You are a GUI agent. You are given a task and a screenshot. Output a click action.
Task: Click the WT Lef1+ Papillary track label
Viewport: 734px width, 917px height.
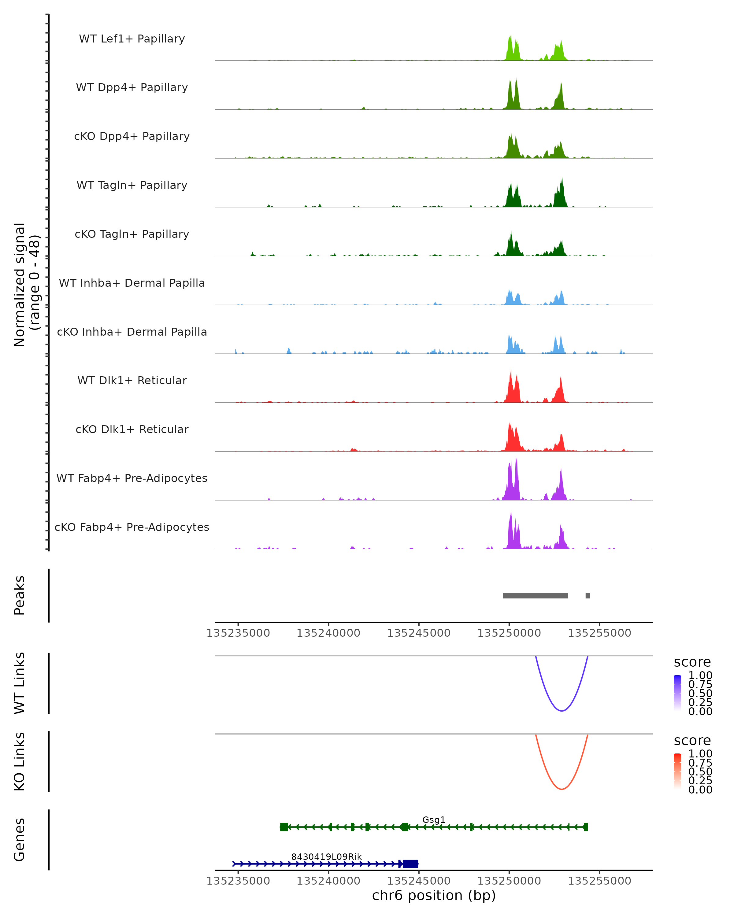pyautogui.click(x=132, y=39)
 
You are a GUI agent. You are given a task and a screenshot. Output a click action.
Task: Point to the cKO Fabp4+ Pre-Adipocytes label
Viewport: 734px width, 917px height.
pyautogui.click(x=132, y=527)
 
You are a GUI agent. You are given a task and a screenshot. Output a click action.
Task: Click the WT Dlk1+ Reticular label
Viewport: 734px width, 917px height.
pyautogui.click(x=132, y=380)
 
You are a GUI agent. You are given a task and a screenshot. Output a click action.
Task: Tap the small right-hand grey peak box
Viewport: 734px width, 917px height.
pyautogui.click(x=588, y=595)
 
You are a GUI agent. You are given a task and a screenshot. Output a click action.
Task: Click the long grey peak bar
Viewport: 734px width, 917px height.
pyautogui.click(x=535, y=595)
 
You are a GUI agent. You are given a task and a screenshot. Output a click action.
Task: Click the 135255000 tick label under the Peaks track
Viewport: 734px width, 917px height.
pyautogui.click(x=599, y=633)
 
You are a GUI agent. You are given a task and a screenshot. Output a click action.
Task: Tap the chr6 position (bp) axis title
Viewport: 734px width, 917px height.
pyautogui.click(x=434, y=895)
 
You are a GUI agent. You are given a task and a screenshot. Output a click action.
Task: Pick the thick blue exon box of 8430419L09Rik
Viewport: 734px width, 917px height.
pyautogui.click(x=410, y=864)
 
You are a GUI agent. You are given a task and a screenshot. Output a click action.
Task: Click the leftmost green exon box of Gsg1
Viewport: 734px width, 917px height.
pyautogui.click(x=284, y=827)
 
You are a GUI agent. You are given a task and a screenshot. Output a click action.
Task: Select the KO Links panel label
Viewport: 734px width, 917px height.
pyautogui.click(x=20, y=761)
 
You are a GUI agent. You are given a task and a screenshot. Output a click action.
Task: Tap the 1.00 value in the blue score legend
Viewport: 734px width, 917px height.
pyautogui.click(x=700, y=676)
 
